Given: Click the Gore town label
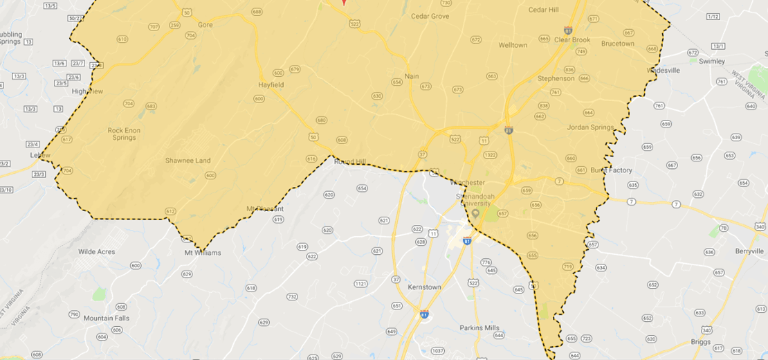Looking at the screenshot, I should pyautogui.click(x=205, y=24).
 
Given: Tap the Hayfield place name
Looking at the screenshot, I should pyautogui.click(x=271, y=84).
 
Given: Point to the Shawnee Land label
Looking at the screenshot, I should pyautogui.click(x=188, y=161).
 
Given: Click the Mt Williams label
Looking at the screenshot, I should pyautogui.click(x=203, y=253).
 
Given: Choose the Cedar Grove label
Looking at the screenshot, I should pyautogui.click(x=430, y=16).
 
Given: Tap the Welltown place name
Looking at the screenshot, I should pyautogui.click(x=513, y=46).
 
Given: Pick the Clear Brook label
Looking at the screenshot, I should pyautogui.click(x=572, y=40).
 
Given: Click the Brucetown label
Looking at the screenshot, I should pyautogui.click(x=617, y=44).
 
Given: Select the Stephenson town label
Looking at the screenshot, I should pyautogui.click(x=556, y=79).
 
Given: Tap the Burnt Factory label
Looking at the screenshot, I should pyautogui.click(x=611, y=170).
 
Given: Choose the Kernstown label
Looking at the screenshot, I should pyautogui.click(x=424, y=287).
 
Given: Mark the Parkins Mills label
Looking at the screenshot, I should pyautogui.click(x=479, y=327).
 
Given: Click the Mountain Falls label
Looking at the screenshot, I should pyautogui.click(x=107, y=318).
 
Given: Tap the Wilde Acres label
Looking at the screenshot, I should pyautogui.click(x=97, y=252).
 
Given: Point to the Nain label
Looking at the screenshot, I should pyautogui.click(x=412, y=77).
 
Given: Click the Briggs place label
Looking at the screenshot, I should pyautogui.click(x=700, y=341).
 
